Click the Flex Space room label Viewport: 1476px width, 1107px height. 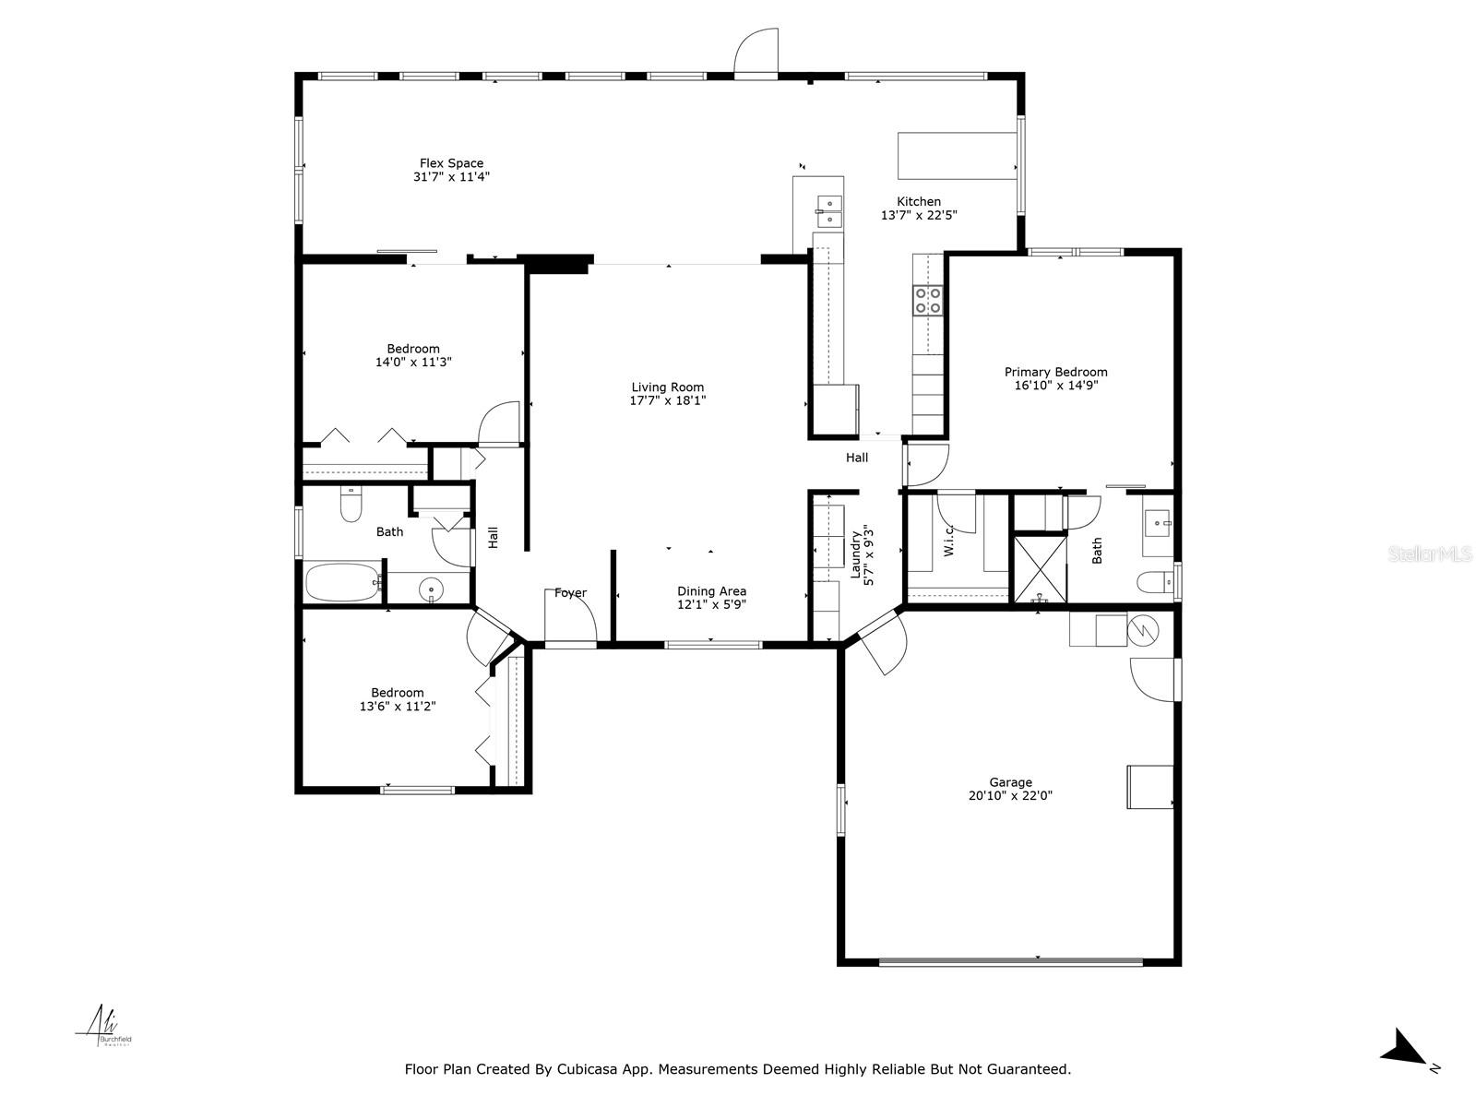(451, 163)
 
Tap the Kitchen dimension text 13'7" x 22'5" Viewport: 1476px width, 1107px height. (919, 215)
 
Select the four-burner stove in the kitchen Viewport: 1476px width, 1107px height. (928, 300)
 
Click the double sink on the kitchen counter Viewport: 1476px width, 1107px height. (828, 211)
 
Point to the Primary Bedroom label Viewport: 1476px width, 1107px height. (1055, 372)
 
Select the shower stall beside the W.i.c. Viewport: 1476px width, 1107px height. (1040, 569)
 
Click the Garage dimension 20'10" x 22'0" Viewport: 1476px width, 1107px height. (1010, 795)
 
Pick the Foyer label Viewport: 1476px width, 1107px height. (570, 593)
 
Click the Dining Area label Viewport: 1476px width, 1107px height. (711, 591)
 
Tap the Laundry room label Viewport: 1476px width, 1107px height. (855, 546)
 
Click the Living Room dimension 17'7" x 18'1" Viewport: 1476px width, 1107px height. (667, 400)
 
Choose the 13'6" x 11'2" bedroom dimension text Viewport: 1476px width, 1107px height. (397, 706)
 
